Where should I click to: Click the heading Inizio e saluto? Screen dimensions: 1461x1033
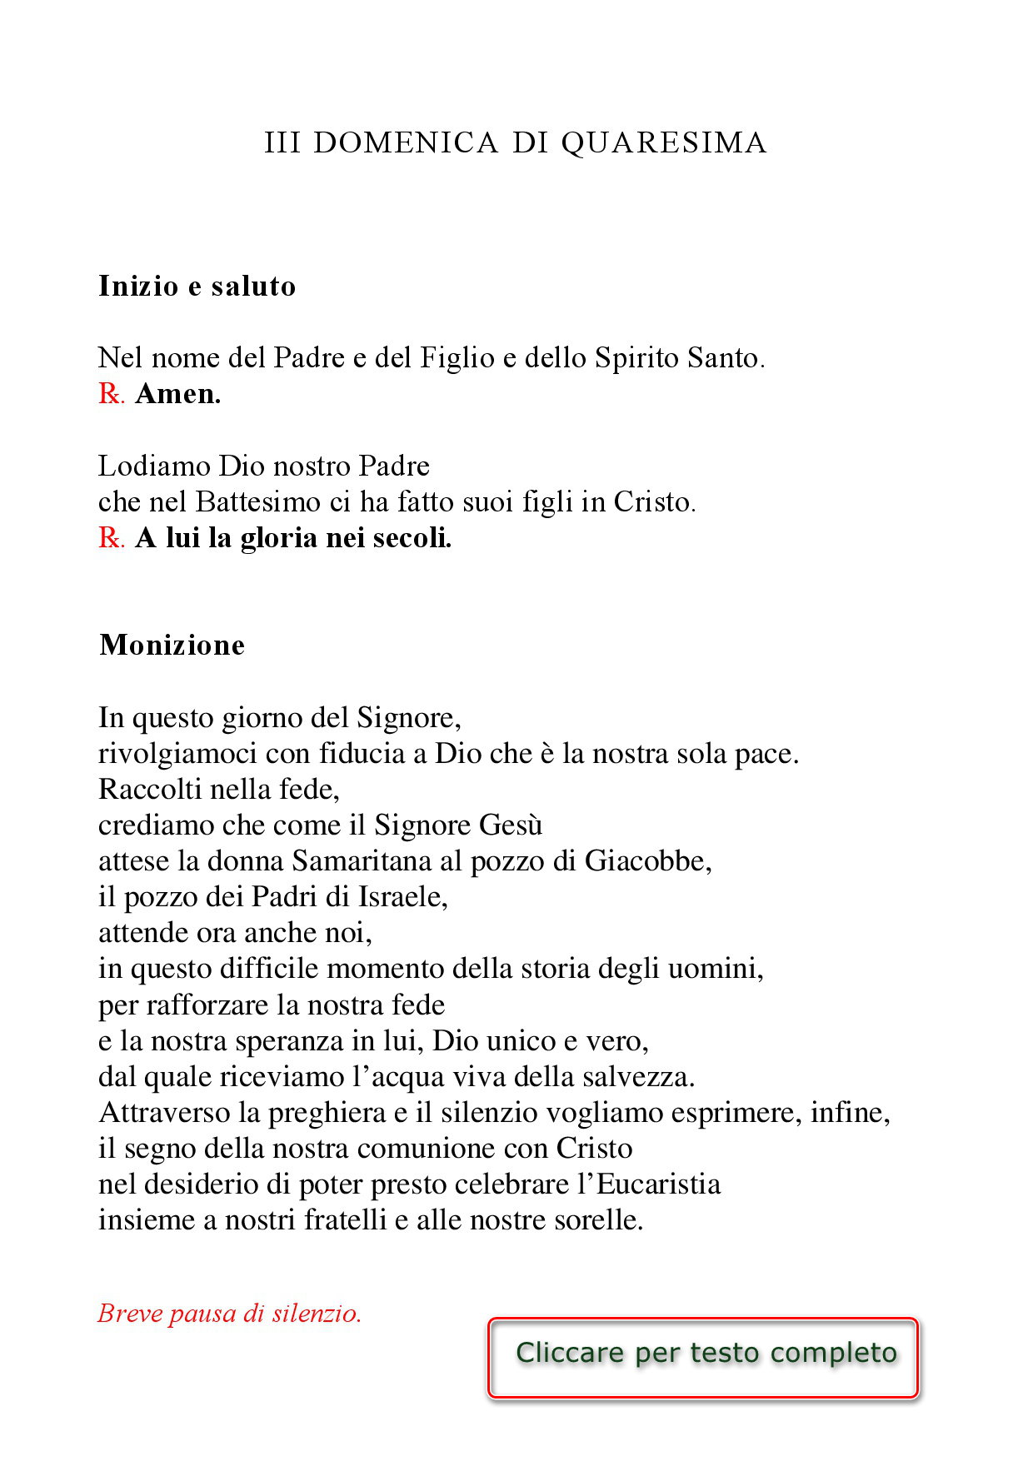[x=197, y=286]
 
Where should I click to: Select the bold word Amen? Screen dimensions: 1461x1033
[x=177, y=393]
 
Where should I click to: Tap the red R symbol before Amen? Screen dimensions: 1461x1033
[x=109, y=393]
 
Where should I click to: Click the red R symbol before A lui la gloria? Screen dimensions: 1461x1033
[x=109, y=538]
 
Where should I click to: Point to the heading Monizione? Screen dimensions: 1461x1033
[x=172, y=645]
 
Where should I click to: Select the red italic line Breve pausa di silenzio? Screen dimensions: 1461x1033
[x=230, y=1314]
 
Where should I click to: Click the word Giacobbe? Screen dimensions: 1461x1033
[x=647, y=860]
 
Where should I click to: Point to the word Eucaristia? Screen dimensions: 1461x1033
[x=658, y=1184]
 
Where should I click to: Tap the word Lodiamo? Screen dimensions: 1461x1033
[x=154, y=466]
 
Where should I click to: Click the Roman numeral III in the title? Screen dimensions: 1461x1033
[x=282, y=142]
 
